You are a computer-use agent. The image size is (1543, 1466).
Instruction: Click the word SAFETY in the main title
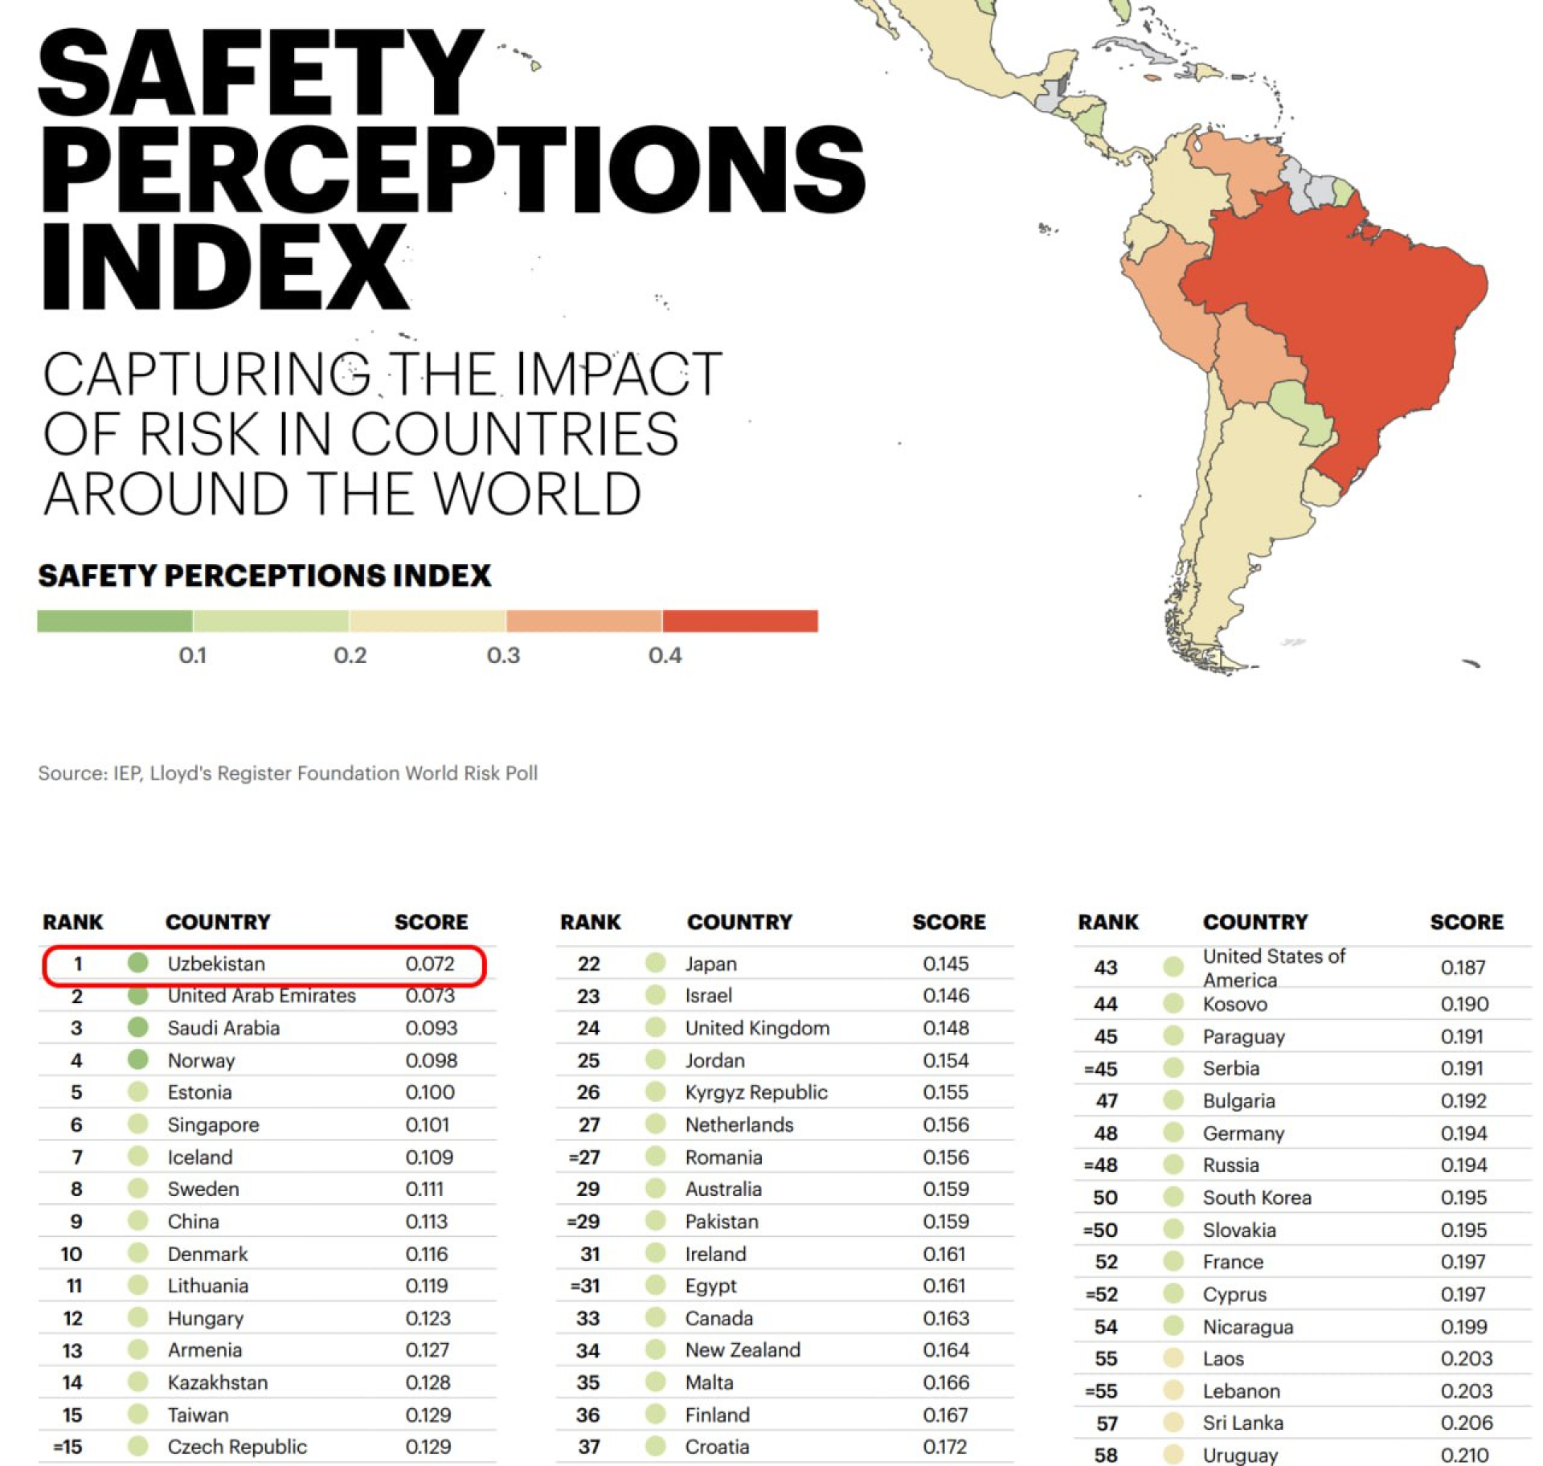pos(261,74)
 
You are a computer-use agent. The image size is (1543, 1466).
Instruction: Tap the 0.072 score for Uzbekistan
pos(430,963)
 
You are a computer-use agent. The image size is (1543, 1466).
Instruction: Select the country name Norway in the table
pos(201,1060)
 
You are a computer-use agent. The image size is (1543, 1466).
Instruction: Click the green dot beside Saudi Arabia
pos(138,1027)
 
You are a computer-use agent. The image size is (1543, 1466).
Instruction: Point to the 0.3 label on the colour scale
pos(503,656)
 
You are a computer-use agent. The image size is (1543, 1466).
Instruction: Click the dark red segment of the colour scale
pos(739,620)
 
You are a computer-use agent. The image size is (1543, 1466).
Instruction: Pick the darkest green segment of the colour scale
pos(115,620)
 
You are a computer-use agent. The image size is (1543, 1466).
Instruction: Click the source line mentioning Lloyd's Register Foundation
pos(288,773)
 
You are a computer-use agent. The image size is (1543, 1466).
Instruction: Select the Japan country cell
pos(710,963)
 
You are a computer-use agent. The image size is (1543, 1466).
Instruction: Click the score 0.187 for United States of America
pos(1463,967)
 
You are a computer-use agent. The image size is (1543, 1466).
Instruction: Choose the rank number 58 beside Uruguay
pos(1107,1455)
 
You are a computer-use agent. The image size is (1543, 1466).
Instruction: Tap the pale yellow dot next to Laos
pos(1173,1358)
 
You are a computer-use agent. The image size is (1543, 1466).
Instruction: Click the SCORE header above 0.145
pos(948,922)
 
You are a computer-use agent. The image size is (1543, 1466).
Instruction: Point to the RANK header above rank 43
pos(1107,922)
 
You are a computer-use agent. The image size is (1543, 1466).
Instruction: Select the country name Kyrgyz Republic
pos(755,1092)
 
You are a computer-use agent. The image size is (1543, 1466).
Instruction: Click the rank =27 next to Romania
pos(586,1157)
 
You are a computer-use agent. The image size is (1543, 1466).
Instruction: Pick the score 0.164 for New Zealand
pos(946,1350)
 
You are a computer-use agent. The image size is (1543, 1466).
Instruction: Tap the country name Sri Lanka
pos(1242,1423)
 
